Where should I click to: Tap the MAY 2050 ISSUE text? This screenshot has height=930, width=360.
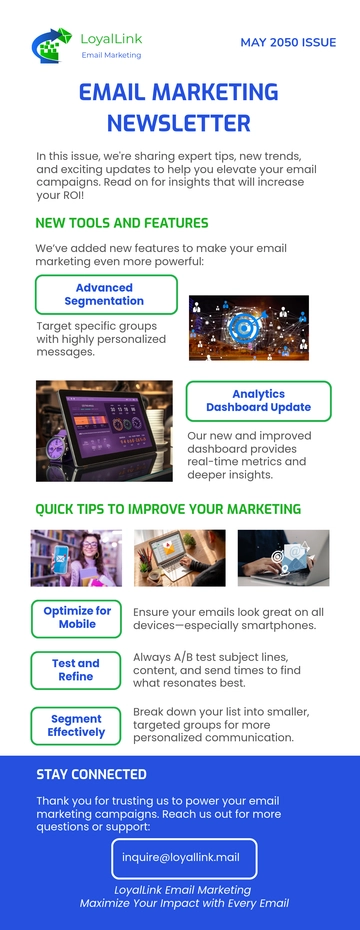tap(287, 43)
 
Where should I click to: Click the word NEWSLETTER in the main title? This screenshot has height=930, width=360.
tap(179, 124)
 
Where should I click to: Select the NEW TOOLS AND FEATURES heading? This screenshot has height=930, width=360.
tap(122, 223)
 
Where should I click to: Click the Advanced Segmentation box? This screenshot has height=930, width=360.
tap(105, 294)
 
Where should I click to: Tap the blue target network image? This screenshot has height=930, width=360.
tap(248, 328)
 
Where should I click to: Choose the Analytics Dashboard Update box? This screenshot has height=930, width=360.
tap(258, 401)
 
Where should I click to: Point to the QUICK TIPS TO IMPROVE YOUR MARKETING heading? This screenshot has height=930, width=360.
tap(168, 509)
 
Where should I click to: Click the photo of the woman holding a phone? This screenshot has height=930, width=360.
tap(76, 557)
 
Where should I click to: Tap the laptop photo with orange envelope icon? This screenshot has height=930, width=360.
tap(179, 557)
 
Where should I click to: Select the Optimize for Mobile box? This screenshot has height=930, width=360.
tap(77, 617)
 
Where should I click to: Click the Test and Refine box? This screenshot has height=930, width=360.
tap(76, 670)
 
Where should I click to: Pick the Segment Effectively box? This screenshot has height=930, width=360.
tap(76, 725)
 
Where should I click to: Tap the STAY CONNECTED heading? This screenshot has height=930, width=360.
tap(91, 774)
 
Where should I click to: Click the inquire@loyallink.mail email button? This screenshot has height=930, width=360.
tap(184, 858)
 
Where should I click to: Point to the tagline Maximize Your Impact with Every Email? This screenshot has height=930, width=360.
tap(184, 903)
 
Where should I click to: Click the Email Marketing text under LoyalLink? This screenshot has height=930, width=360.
tap(111, 55)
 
